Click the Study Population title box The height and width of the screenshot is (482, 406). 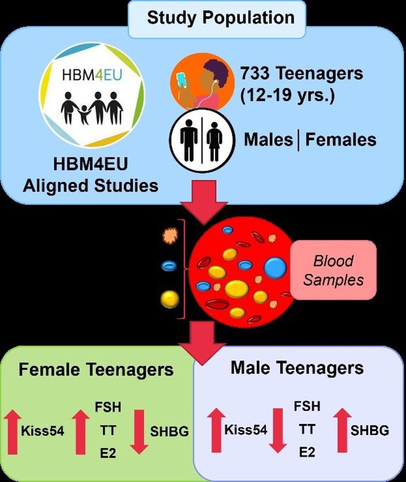click(x=217, y=18)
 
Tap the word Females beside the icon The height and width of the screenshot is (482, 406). click(x=340, y=140)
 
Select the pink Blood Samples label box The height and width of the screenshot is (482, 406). click(x=333, y=270)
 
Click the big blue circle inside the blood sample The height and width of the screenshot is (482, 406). click(x=275, y=268)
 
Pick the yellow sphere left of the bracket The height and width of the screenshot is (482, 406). click(x=170, y=299)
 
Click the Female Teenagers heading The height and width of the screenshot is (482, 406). click(x=96, y=370)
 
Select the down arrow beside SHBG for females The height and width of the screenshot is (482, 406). click(x=139, y=432)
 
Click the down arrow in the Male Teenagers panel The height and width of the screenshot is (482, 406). click(x=278, y=431)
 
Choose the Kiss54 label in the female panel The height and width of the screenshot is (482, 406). click(x=42, y=431)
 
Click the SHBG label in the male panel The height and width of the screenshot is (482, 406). click(x=369, y=431)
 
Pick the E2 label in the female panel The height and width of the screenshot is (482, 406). click(x=108, y=453)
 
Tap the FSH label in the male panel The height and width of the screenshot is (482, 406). click(x=307, y=406)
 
